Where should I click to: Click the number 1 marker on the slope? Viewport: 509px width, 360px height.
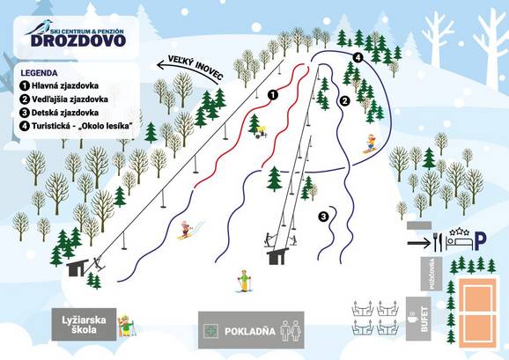[273, 93]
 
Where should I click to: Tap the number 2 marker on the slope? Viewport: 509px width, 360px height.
[345, 101]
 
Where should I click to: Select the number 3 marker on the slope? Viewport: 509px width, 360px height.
[323, 216]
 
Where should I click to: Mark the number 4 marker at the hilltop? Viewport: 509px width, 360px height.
[358, 56]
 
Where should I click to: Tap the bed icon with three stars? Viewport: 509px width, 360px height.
[460, 235]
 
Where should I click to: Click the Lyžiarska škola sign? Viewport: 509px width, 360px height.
[85, 324]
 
